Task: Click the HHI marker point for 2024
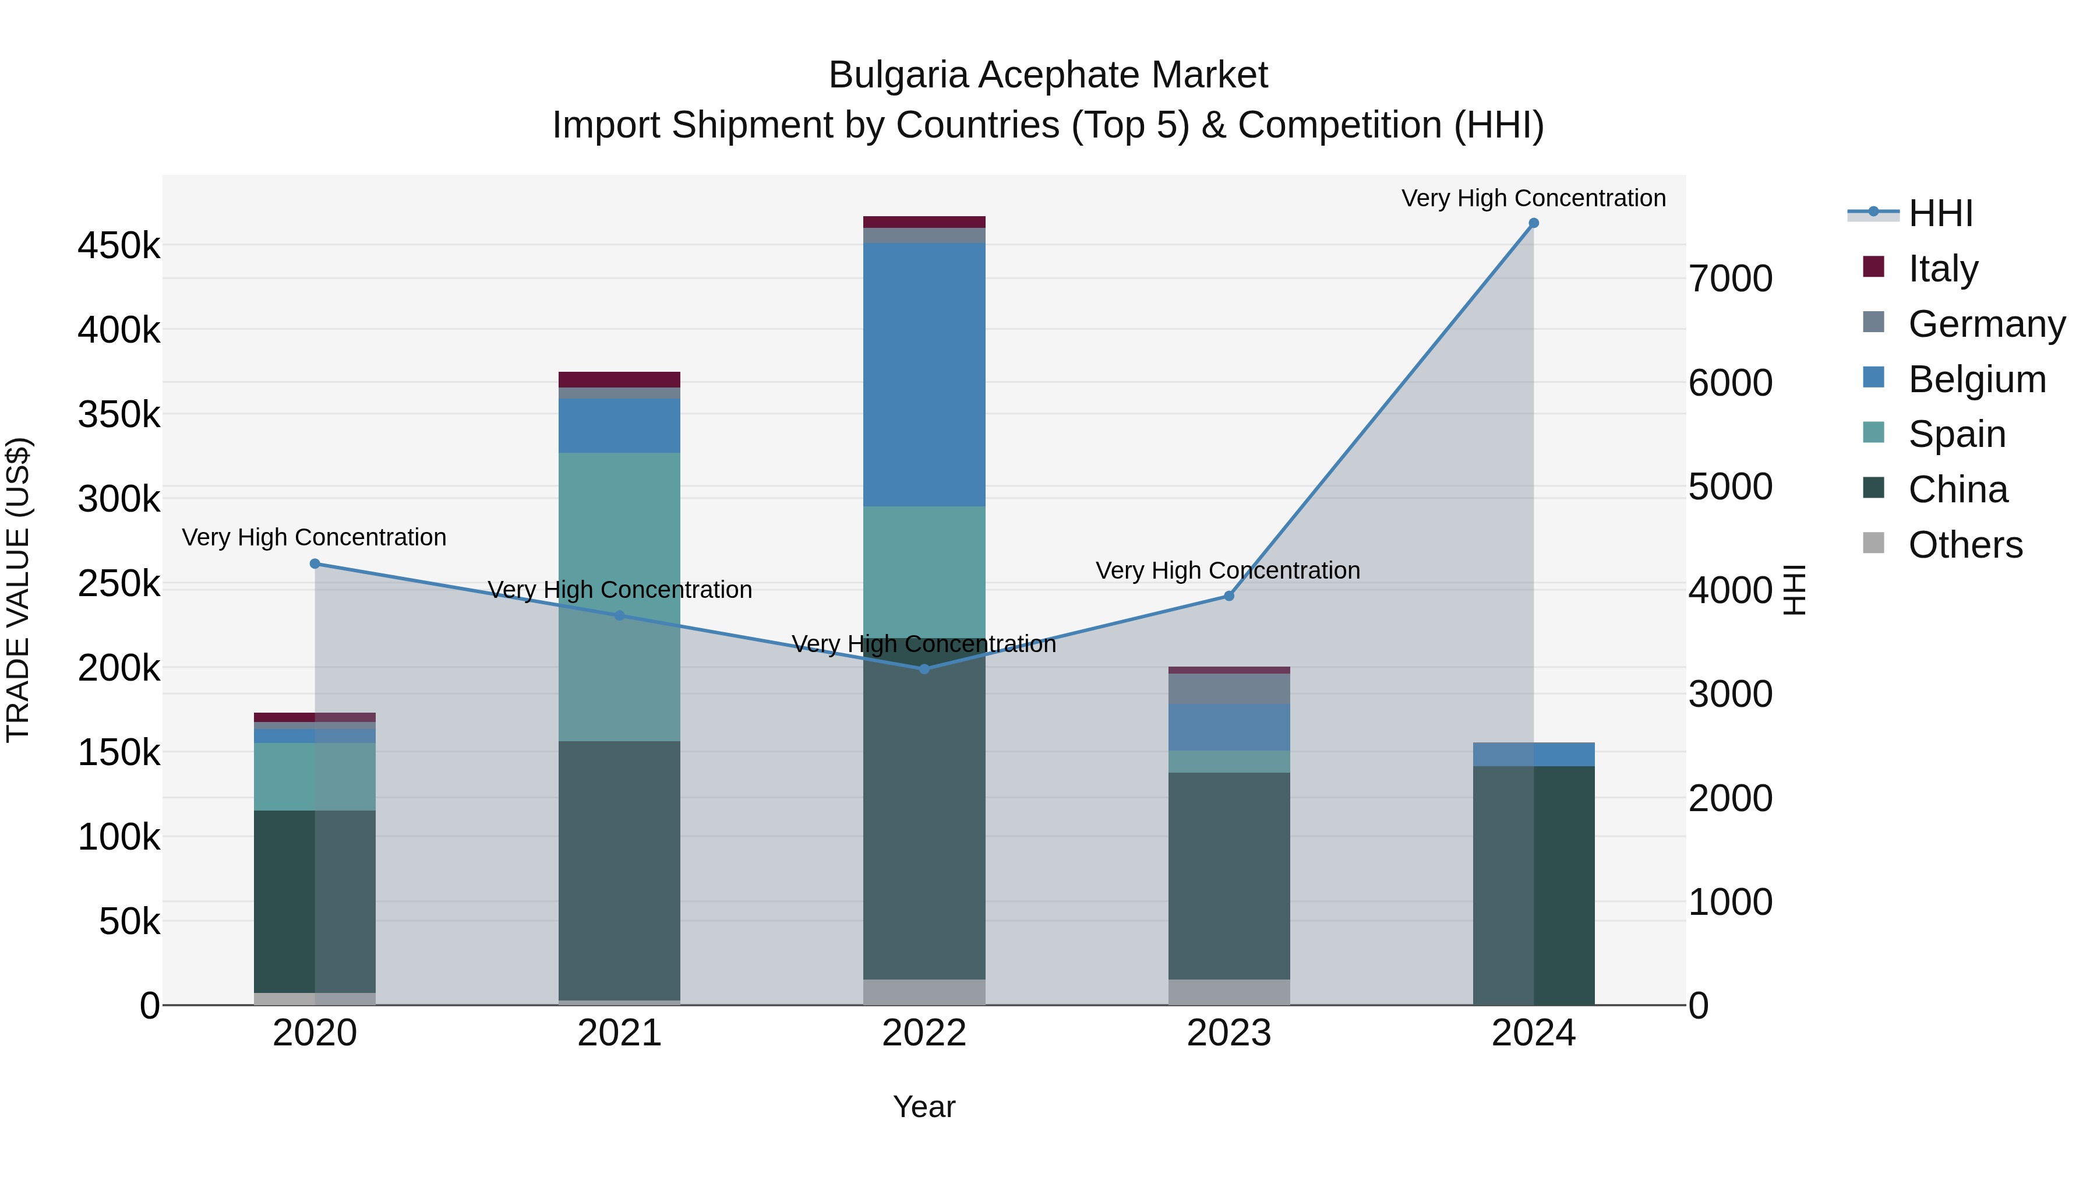(1533, 223)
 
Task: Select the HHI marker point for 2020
(315, 563)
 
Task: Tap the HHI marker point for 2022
(924, 668)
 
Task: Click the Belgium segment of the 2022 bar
(924, 375)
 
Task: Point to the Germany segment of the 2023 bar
(1228, 689)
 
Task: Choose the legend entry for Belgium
(1976, 379)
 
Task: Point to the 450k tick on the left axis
(119, 245)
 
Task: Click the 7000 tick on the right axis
(1730, 279)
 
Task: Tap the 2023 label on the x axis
(1228, 1033)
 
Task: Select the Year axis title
(924, 1107)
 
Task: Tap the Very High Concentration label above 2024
(1533, 198)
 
